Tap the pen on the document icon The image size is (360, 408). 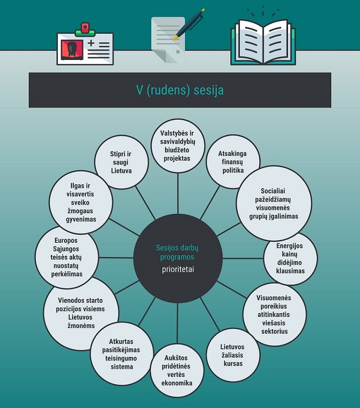click(x=189, y=24)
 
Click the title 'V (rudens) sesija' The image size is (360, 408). click(x=180, y=90)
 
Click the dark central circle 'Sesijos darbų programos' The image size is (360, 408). click(x=178, y=258)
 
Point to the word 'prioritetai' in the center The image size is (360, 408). click(x=178, y=269)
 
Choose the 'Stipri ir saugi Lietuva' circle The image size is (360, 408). click(x=121, y=162)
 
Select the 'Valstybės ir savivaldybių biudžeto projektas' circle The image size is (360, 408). click(x=178, y=146)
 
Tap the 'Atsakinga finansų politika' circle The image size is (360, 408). click(x=233, y=161)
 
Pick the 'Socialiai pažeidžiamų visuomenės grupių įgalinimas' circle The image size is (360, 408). click(x=274, y=203)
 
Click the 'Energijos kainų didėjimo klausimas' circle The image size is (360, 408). click(x=290, y=259)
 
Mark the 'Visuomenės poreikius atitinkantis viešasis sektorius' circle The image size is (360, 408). click(x=275, y=314)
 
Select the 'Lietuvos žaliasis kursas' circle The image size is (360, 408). click(x=233, y=355)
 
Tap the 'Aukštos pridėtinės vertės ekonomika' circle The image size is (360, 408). click(x=177, y=370)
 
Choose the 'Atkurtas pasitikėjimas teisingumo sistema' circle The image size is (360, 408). click(x=121, y=354)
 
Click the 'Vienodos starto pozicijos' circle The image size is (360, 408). click(x=81, y=313)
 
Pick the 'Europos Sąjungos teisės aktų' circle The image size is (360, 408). click(x=67, y=257)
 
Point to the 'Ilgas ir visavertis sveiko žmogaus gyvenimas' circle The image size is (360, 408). click(x=81, y=202)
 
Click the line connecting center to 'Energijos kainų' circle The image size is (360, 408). click(x=243, y=259)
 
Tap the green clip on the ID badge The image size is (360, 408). click(x=85, y=33)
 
